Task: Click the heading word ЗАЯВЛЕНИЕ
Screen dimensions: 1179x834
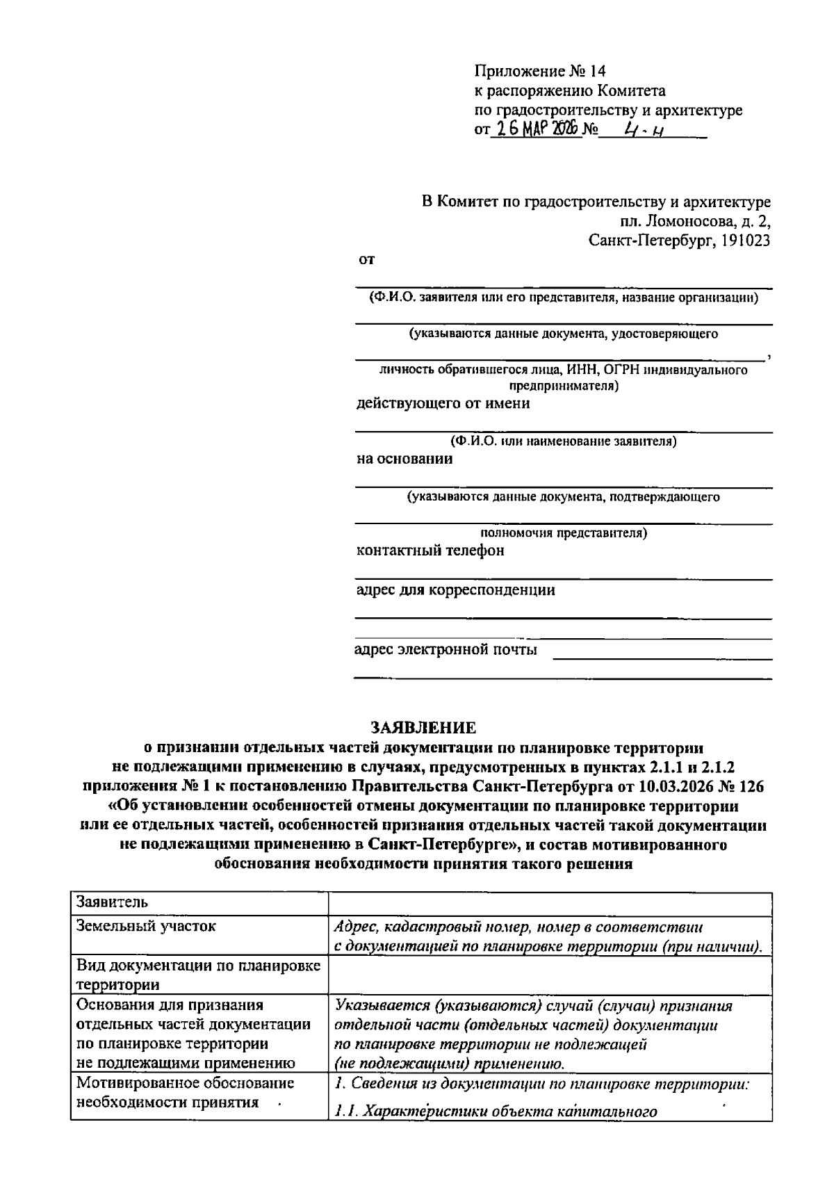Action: [x=423, y=728]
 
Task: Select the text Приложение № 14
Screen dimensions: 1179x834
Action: [x=540, y=71]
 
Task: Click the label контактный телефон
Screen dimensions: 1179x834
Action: [x=430, y=551]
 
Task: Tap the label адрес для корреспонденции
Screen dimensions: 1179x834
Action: [x=455, y=590]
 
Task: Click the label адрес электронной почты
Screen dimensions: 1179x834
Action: [x=445, y=650]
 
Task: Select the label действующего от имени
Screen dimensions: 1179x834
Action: [x=443, y=403]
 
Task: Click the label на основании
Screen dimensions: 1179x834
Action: [x=404, y=459]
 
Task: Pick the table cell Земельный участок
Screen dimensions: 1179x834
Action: [x=146, y=927]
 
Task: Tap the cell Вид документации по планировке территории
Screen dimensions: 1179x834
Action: [x=198, y=975]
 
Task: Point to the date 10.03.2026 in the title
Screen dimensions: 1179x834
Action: [x=666, y=787]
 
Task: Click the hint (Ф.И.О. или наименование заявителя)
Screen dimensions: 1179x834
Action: [x=563, y=441]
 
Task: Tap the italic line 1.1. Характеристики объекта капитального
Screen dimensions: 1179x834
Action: [x=495, y=1111]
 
